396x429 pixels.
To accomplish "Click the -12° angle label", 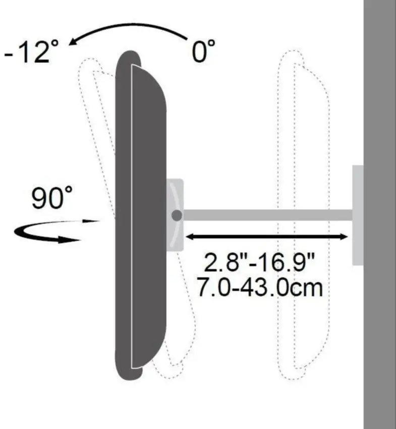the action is [x=31, y=51].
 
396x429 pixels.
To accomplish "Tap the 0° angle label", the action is [x=203, y=51].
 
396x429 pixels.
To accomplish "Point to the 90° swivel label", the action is [x=52, y=197].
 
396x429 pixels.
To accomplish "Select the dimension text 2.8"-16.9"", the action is [x=259, y=262].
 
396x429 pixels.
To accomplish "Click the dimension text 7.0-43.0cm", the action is [x=260, y=287].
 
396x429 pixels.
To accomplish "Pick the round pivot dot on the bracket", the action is [x=177, y=216].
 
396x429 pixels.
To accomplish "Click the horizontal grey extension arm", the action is [x=267, y=215].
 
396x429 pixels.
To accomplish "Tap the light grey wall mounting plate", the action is [x=358, y=215].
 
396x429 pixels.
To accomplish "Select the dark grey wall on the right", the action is [x=379, y=215].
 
